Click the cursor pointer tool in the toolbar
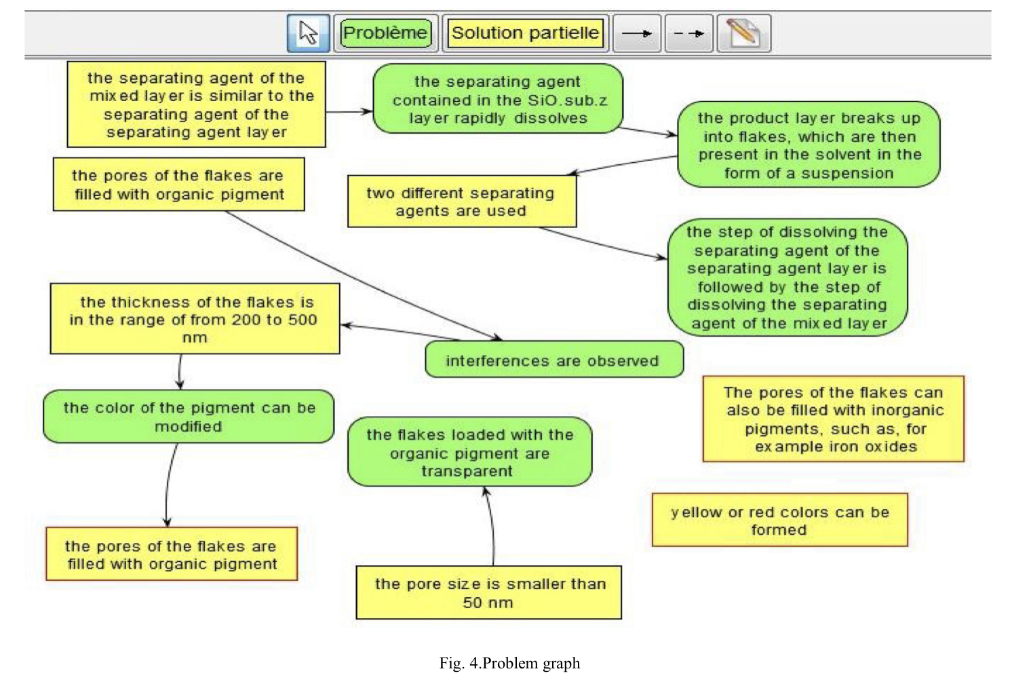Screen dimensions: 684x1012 (x=308, y=33)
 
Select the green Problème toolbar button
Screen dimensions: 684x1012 (x=385, y=33)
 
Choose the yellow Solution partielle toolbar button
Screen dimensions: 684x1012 (x=525, y=33)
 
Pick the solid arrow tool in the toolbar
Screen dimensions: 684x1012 (x=637, y=33)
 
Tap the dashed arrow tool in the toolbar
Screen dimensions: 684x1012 (x=688, y=33)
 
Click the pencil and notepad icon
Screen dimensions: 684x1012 (x=743, y=33)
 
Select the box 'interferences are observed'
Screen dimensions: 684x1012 (x=553, y=360)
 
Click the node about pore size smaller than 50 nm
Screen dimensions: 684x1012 (x=489, y=593)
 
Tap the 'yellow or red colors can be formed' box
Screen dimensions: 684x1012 (x=779, y=520)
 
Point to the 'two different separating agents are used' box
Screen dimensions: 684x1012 (x=461, y=202)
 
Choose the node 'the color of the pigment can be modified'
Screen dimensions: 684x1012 (x=189, y=417)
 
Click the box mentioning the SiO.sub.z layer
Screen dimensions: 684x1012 (x=499, y=100)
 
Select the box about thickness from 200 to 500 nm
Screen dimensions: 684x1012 (x=195, y=319)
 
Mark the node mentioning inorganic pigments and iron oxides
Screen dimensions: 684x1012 (x=834, y=419)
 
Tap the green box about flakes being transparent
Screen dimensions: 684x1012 (x=469, y=452)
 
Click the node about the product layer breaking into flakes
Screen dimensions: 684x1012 (x=809, y=145)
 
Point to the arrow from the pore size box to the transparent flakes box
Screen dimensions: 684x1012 (x=492, y=526)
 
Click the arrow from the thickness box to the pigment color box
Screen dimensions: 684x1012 (x=180, y=371)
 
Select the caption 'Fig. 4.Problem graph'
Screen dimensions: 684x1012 (x=509, y=663)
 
